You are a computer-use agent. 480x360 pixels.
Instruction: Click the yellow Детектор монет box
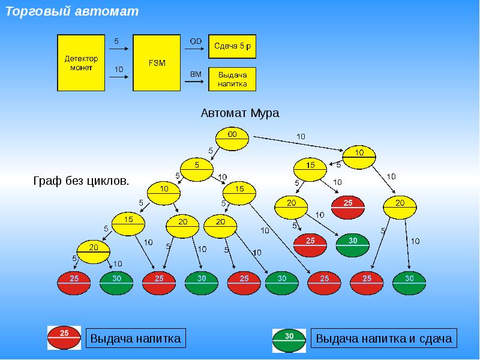[x=81, y=63]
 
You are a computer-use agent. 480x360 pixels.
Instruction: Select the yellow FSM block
[x=157, y=63]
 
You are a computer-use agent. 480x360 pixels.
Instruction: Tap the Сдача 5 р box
[x=232, y=47]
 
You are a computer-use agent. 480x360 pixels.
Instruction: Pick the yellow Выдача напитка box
[x=232, y=79]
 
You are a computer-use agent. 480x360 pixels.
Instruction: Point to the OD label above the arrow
[x=196, y=41]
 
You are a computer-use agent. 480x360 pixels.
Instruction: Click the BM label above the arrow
[x=196, y=74]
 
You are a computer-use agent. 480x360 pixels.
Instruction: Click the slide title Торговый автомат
[x=72, y=11]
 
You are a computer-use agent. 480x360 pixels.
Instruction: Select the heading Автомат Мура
[x=240, y=113]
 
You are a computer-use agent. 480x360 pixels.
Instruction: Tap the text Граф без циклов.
[x=81, y=181]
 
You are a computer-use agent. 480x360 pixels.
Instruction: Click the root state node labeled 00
[x=232, y=139]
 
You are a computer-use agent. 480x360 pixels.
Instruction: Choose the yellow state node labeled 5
[x=197, y=170]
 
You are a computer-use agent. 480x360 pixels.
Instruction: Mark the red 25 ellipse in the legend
[x=64, y=338]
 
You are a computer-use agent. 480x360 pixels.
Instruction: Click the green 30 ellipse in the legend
[x=289, y=340]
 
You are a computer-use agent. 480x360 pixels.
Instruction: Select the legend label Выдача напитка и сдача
[x=384, y=338]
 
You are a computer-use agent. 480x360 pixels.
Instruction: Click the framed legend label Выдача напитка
[x=136, y=338]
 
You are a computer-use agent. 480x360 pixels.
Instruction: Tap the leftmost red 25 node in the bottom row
[x=74, y=283]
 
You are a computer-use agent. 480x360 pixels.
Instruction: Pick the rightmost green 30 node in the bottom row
[x=409, y=283]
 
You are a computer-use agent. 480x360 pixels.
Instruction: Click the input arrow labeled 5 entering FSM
[x=119, y=49]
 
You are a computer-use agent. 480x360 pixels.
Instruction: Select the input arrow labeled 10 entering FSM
[x=119, y=77]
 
